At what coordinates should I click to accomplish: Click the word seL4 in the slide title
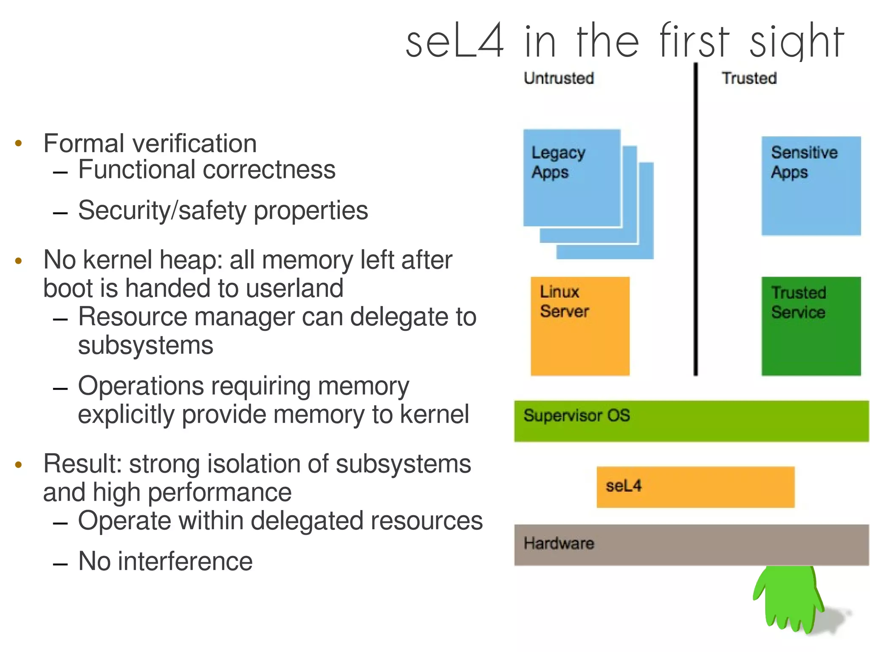(x=455, y=42)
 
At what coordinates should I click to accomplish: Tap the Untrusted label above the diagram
(x=558, y=78)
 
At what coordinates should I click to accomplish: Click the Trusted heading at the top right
(x=749, y=78)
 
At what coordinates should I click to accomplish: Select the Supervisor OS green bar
(x=691, y=421)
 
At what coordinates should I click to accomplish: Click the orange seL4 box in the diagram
(x=695, y=487)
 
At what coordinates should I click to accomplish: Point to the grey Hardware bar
(x=691, y=545)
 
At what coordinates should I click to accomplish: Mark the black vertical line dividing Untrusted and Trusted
(x=695, y=221)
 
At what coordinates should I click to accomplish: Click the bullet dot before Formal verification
(x=18, y=143)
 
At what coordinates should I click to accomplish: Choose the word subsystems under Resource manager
(x=145, y=345)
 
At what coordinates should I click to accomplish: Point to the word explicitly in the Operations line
(x=126, y=415)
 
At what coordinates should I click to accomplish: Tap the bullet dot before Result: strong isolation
(x=18, y=464)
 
